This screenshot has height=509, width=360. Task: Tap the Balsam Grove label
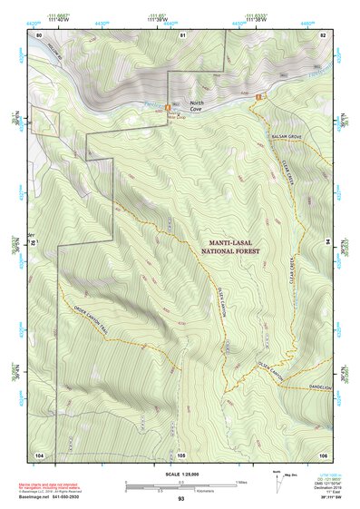coord(286,135)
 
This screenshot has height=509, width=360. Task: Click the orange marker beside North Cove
coord(167,108)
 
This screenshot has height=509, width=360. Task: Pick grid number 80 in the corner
coord(38,34)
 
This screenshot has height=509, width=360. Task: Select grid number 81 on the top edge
coord(182,34)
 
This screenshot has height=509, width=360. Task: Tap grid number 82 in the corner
coord(322,34)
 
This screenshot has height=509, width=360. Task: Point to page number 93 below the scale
coord(181,500)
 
